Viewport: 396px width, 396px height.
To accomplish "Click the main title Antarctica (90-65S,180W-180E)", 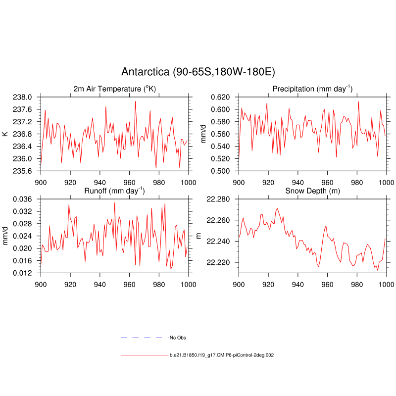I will pyautogui.click(x=198, y=72).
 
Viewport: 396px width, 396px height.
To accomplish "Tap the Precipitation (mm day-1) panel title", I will pyautogui.click(x=312, y=89).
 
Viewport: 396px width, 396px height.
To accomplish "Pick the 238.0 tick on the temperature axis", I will pyautogui.click(x=22, y=97).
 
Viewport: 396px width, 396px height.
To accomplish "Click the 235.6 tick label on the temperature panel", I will pyautogui.click(x=22, y=171).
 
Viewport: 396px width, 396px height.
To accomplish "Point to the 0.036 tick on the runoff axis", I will pyautogui.click(x=22, y=199).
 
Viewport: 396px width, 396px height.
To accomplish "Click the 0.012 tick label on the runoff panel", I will pyautogui.click(x=22, y=273).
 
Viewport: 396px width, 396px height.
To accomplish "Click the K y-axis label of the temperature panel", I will pyautogui.click(x=5, y=134).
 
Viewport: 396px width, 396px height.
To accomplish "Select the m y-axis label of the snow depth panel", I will pyautogui.click(x=199, y=236).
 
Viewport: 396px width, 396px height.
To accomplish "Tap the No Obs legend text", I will pyautogui.click(x=178, y=338).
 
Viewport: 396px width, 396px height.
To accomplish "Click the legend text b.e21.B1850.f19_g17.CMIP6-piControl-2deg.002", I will pyautogui.click(x=222, y=355).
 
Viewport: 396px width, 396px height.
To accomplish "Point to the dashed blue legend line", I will pyautogui.click(x=142, y=338).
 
